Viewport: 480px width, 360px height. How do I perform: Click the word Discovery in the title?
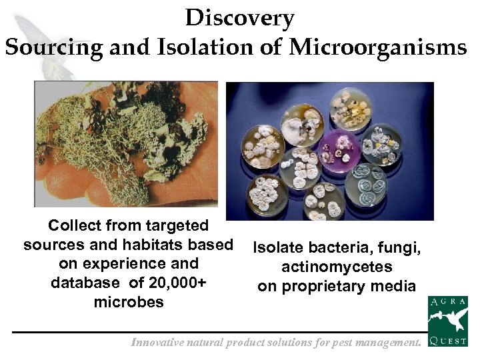[x=239, y=18]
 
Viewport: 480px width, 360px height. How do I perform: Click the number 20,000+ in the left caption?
[x=177, y=283]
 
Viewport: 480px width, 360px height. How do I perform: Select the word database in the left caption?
[x=87, y=283]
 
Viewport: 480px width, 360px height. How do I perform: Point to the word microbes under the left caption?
[x=128, y=302]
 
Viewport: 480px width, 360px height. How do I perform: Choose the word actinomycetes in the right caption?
[x=337, y=267]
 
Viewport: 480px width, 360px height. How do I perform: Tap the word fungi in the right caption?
[x=401, y=248]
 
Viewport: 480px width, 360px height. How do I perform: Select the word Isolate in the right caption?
[x=277, y=248]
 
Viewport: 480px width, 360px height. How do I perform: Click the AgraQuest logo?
[x=447, y=322]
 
